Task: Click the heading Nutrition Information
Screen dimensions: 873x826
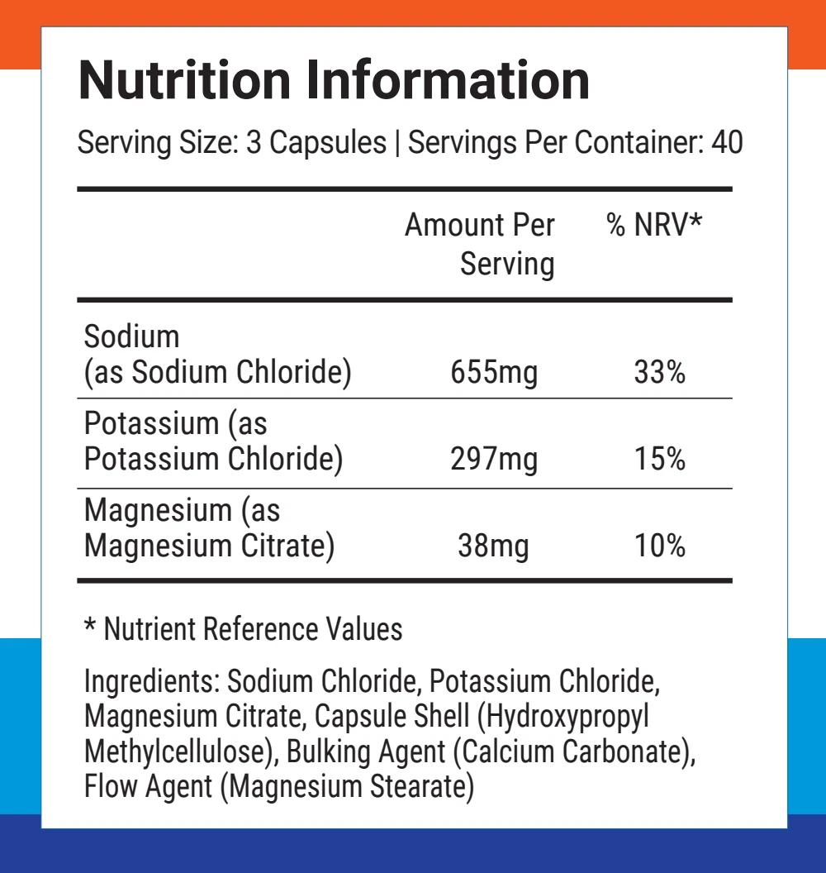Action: (x=334, y=80)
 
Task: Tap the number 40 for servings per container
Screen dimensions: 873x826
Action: (x=726, y=143)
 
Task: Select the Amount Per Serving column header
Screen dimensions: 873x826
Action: (x=480, y=244)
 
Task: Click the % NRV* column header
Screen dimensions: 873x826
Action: (x=654, y=225)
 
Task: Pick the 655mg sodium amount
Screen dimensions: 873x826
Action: (x=493, y=373)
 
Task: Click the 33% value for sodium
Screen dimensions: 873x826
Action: (x=659, y=373)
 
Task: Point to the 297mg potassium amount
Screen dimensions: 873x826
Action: (x=493, y=459)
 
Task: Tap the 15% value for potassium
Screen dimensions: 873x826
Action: (x=659, y=459)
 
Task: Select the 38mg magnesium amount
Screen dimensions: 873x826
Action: (x=493, y=546)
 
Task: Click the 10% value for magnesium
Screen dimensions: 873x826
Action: (x=659, y=546)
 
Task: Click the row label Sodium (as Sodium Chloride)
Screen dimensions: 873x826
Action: (x=218, y=355)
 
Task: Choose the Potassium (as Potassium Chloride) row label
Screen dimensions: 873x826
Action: (x=213, y=441)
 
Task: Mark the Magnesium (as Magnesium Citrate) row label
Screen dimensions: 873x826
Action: (x=209, y=528)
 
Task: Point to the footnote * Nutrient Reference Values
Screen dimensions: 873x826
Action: (x=244, y=629)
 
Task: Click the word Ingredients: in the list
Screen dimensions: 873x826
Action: (x=151, y=682)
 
